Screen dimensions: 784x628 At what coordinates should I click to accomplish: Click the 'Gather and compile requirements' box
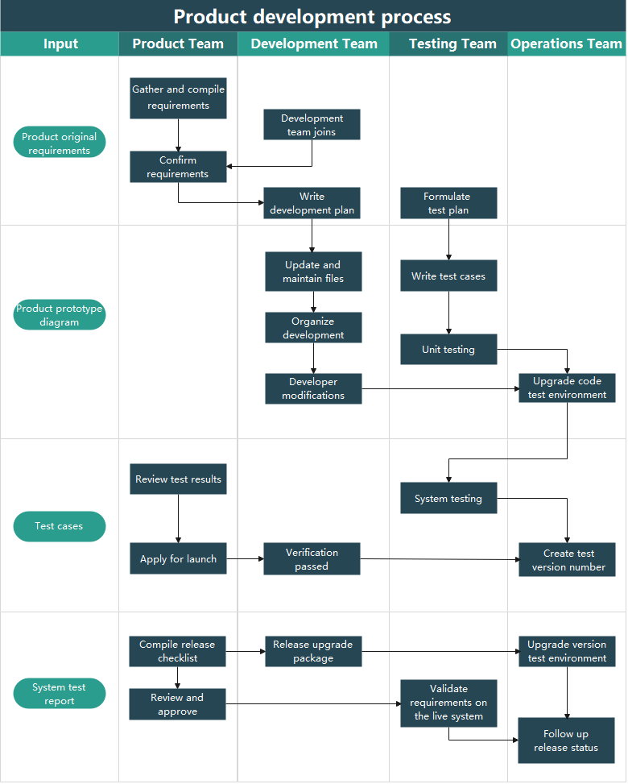pyautogui.click(x=178, y=97)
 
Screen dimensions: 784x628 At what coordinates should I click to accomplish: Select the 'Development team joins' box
pyautogui.click(x=312, y=125)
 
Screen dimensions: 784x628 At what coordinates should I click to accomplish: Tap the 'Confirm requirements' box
pyautogui.click(x=178, y=167)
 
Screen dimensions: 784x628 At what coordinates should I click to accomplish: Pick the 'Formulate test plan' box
pyautogui.click(x=448, y=203)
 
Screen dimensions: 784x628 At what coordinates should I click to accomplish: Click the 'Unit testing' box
pyautogui.click(x=448, y=350)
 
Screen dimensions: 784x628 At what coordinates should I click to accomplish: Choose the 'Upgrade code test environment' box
pyautogui.click(x=567, y=388)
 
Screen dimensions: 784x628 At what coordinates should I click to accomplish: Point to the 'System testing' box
pyautogui.click(x=448, y=498)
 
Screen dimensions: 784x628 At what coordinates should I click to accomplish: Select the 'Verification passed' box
pyautogui.click(x=312, y=559)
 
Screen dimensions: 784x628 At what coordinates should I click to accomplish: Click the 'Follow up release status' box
pyautogui.click(x=566, y=740)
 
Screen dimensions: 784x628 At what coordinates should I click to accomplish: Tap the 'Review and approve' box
pyautogui.click(x=177, y=704)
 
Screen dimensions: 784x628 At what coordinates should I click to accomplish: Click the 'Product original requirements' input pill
pyautogui.click(x=60, y=143)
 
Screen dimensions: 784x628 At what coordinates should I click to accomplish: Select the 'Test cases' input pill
pyautogui.click(x=60, y=526)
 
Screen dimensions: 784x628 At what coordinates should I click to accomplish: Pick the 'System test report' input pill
pyautogui.click(x=60, y=694)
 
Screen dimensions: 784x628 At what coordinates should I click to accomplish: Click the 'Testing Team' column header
pyautogui.click(x=452, y=44)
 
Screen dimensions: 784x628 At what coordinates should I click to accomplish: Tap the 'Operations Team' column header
pyautogui.click(x=567, y=44)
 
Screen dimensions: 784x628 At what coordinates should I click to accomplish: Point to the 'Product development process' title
pyautogui.click(x=312, y=17)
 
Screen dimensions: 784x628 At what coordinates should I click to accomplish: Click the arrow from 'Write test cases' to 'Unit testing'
pyautogui.click(x=448, y=313)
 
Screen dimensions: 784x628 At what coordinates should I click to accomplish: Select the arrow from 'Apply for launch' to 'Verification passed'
pyautogui.click(x=245, y=558)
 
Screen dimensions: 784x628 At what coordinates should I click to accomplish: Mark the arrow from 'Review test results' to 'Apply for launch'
pyautogui.click(x=178, y=519)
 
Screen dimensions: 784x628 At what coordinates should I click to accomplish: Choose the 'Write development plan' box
pyautogui.click(x=312, y=203)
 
